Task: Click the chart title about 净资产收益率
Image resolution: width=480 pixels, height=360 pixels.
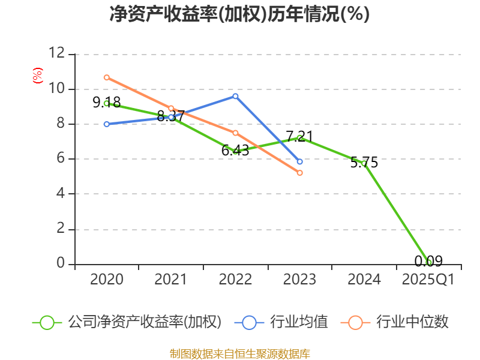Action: pos(239,14)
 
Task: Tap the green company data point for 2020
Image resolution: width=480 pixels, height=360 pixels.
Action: pos(107,103)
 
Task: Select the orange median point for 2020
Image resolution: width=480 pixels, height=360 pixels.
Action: pos(107,77)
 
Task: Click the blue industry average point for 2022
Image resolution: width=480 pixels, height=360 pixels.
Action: pos(235,96)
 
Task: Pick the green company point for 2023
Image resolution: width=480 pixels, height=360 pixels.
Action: pos(299,137)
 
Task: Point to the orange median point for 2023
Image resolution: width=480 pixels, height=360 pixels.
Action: pos(299,173)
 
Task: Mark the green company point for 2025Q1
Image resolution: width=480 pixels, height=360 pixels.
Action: pos(428,262)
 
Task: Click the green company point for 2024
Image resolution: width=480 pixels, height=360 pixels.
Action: pos(364,163)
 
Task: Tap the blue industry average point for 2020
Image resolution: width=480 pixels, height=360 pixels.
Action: pos(107,124)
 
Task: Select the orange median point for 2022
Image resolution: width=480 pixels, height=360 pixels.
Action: pos(235,133)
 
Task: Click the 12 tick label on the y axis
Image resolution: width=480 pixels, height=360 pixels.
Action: pos(56,54)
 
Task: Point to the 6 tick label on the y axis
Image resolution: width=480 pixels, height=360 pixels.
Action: pos(60,159)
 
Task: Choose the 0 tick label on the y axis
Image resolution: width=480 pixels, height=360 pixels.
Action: pos(60,264)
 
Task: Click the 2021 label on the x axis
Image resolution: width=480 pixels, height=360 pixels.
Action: pos(171,279)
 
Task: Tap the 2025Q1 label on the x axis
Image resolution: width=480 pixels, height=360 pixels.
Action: pos(428,279)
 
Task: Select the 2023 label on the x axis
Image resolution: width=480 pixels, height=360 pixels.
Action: pos(299,279)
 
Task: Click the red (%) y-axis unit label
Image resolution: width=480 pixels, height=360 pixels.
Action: pos(38,76)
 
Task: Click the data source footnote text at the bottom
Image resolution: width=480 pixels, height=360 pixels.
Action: pos(240,353)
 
